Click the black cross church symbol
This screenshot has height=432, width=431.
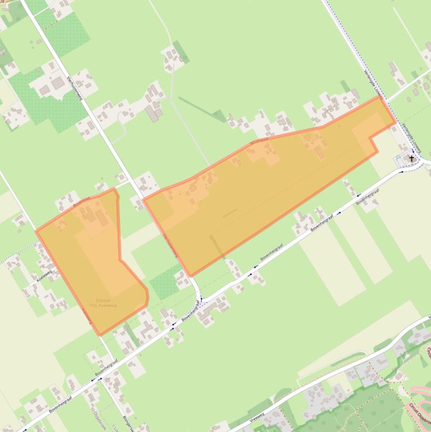click(411, 159)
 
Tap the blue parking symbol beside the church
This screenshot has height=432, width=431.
click(404, 158)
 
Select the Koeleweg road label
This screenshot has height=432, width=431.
click(44, 275)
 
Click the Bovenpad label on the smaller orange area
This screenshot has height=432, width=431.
click(81, 201)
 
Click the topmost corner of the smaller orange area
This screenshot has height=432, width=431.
click(114, 189)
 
